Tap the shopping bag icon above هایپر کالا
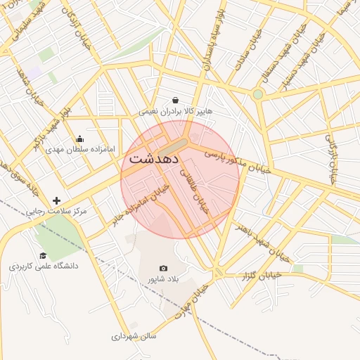[175, 100]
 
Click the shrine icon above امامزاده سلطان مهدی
[79, 139]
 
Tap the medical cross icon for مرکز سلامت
[57, 201]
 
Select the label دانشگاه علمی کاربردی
[44, 266]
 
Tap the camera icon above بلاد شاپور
[164, 268]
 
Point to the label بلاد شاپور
[163, 279]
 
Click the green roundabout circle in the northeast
[258, 94]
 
